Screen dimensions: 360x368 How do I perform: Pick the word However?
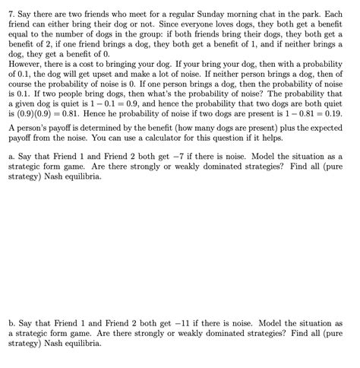(x=24, y=66)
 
